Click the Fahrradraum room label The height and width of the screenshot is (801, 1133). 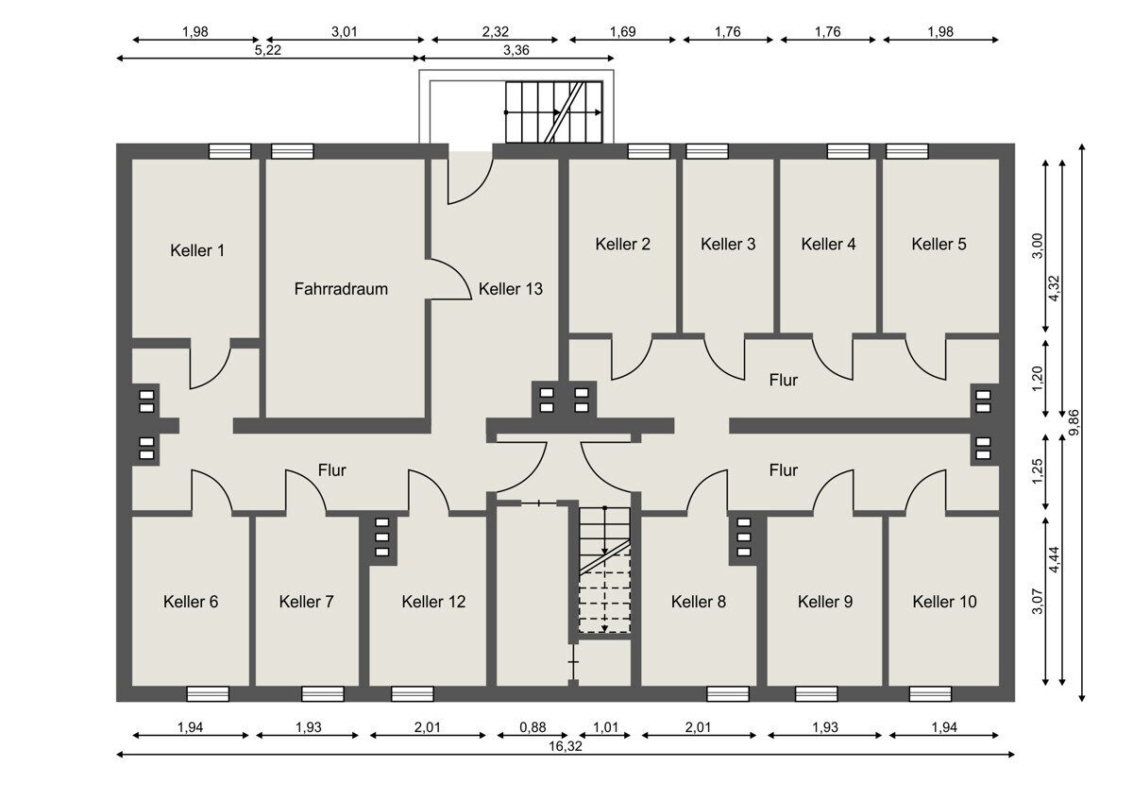click(x=341, y=289)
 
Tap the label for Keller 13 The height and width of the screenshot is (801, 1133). click(x=511, y=289)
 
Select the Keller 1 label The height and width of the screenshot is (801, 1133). click(x=197, y=250)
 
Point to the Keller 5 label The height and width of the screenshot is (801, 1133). click(x=939, y=245)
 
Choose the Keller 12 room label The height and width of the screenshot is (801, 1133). click(x=433, y=602)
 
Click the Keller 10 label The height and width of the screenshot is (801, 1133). click(x=944, y=602)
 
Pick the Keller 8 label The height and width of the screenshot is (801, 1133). click(x=699, y=602)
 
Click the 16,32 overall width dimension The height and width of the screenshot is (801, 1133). click(x=566, y=746)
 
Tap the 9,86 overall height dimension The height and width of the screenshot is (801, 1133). click(x=1074, y=422)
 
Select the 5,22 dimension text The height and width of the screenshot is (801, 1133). click(x=267, y=50)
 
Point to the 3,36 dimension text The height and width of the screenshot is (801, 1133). click(x=516, y=50)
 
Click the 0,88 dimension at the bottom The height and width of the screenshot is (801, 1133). click(x=533, y=727)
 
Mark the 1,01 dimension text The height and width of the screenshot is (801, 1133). click(x=605, y=727)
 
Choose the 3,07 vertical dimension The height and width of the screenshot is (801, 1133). click(x=1038, y=601)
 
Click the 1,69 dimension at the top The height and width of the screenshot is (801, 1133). click(x=622, y=32)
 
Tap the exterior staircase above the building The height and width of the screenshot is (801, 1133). click(x=554, y=112)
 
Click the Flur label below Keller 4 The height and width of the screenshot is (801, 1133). click(x=783, y=380)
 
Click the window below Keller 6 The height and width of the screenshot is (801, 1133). click(x=208, y=693)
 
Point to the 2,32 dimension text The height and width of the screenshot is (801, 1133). click(x=495, y=32)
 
